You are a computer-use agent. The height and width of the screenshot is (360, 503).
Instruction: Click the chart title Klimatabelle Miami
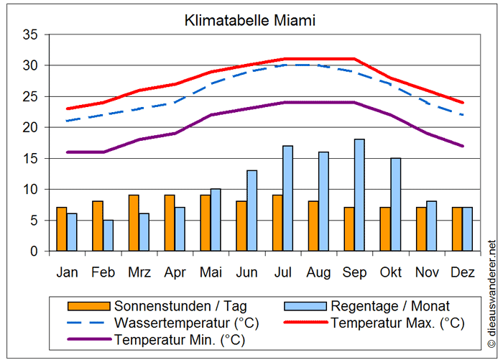[x=249, y=20]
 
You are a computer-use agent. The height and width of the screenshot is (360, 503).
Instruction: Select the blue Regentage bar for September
[x=359, y=195]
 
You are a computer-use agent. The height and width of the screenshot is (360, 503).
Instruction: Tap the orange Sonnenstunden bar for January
[x=61, y=229]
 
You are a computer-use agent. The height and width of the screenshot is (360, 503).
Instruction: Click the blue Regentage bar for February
[x=108, y=236]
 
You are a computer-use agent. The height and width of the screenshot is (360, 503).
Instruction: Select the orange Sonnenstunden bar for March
[x=134, y=223]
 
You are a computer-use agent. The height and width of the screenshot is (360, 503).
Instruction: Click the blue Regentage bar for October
[x=395, y=205]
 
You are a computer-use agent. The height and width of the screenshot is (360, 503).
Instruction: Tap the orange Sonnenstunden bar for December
[x=457, y=229]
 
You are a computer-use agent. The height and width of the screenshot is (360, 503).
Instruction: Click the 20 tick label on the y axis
[x=29, y=128]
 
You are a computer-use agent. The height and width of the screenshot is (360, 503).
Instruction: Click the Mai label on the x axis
[x=211, y=272]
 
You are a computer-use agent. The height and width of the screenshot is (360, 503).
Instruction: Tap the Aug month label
[x=318, y=272]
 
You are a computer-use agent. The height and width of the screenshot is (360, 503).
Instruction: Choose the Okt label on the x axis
[x=390, y=272]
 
